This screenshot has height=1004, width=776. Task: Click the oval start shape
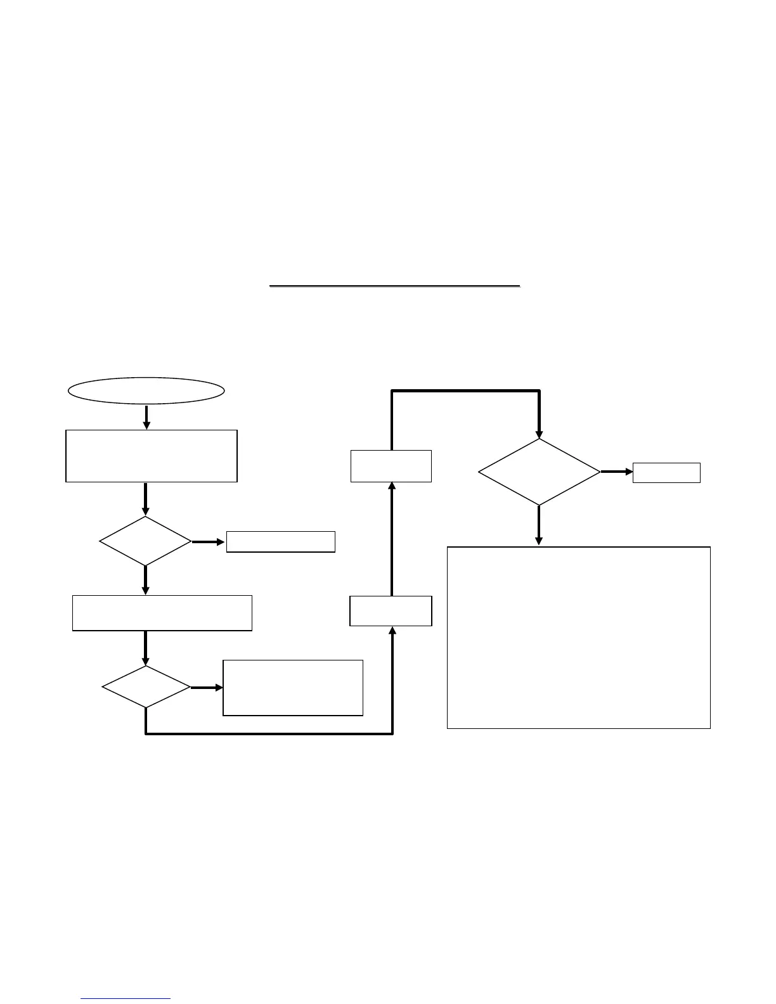coord(146,390)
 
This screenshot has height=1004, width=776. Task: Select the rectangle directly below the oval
coord(152,456)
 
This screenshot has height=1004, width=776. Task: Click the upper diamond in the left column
coord(145,541)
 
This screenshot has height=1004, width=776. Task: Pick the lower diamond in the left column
coord(146,687)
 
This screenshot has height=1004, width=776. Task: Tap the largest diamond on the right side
coord(539,472)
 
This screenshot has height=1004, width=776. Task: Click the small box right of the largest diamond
coord(666,473)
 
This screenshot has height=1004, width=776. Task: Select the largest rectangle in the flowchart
coord(578,637)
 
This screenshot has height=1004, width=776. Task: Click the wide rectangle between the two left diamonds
coord(162,613)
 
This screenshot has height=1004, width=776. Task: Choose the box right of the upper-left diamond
coord(280,542)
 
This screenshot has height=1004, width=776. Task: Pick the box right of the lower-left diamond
coord(293,688)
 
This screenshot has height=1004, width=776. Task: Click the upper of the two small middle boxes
coord(391,466)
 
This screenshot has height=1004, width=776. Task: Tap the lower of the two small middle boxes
coord(391,611)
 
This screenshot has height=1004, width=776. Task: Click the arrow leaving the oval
coord(146,416)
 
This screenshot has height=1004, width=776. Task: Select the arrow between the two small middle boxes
coord(392,539)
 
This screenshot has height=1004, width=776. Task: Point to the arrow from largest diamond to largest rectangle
coord(539,525)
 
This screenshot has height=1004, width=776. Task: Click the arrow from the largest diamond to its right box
coord(616,472)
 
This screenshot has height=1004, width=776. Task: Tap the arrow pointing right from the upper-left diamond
coord(209,542)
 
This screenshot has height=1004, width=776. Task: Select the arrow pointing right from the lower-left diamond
coord(207,688)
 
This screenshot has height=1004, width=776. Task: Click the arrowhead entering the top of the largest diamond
coord(539,433)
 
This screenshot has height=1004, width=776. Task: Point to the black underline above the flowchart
coord(394,286)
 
